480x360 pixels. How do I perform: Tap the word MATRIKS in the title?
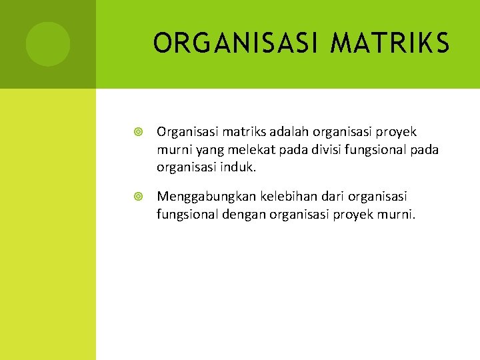pos(389,44)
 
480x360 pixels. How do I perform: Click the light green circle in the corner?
pos(48,44)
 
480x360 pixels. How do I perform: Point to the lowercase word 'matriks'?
pos(233,132)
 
